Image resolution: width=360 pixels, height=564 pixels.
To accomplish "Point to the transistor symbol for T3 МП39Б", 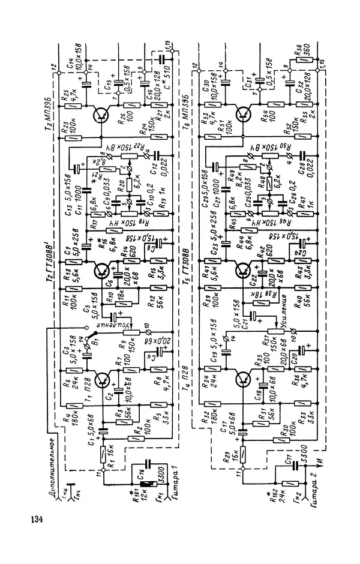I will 103,116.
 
